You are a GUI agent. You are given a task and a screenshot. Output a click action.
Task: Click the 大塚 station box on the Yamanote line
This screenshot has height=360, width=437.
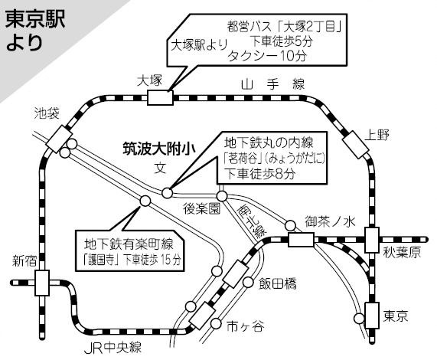(160, 97)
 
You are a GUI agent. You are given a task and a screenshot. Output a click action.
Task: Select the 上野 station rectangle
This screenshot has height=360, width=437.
(355, 145)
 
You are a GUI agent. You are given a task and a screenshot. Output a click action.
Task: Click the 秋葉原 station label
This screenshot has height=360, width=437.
(402, 253)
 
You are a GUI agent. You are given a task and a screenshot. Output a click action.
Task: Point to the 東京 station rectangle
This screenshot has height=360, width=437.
(372, 315)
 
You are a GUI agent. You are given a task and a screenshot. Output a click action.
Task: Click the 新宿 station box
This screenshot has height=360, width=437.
(42, 283)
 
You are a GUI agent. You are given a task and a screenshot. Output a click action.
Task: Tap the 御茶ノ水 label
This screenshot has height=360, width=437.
(330, 222)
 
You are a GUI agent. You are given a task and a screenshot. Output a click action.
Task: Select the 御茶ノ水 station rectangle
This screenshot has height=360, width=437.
(301, 240)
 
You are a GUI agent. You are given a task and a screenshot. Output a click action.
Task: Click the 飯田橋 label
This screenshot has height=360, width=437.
(278, 284)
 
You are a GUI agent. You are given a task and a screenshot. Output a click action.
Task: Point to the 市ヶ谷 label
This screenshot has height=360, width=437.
(245, 326)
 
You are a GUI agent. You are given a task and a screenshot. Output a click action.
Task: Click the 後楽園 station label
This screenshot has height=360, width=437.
(202, 208)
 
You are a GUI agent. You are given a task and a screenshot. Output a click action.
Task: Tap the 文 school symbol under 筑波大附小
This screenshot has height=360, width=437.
(160, 168)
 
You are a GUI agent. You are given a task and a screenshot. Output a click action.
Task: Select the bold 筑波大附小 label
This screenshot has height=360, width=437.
(159, 149)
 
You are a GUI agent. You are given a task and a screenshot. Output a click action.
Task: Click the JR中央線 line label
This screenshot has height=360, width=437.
(113, 348)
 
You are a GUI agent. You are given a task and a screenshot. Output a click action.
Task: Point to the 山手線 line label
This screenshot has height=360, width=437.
(273, 84)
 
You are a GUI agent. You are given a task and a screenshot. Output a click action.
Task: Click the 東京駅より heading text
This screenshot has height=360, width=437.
(35, 31)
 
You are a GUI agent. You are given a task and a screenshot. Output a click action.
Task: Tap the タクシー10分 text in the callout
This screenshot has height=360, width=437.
(267, 56)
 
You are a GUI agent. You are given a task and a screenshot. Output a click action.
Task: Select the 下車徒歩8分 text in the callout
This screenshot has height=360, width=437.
(259, 175)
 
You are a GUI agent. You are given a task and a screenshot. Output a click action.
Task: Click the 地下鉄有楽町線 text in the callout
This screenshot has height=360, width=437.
(129, 244)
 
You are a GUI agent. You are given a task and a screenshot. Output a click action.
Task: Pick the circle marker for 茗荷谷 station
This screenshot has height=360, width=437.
(167, 193)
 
